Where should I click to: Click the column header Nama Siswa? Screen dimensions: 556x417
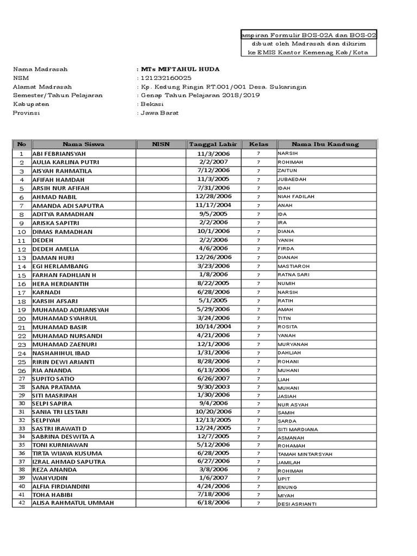83,144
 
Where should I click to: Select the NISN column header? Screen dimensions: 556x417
161,144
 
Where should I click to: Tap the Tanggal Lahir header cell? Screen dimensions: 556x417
213,144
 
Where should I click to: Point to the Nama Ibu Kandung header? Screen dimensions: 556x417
325,144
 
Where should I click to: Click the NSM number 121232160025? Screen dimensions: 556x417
166,78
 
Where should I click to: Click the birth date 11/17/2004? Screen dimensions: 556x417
213,205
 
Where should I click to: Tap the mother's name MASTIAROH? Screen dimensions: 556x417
293,267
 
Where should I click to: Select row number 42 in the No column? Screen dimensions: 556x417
22,503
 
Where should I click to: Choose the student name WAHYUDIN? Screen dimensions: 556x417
50,477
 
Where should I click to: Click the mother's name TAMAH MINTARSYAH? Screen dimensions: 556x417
305,454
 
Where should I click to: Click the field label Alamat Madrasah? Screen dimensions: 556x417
42,87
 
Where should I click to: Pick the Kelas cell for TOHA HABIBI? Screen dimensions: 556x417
258,495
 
